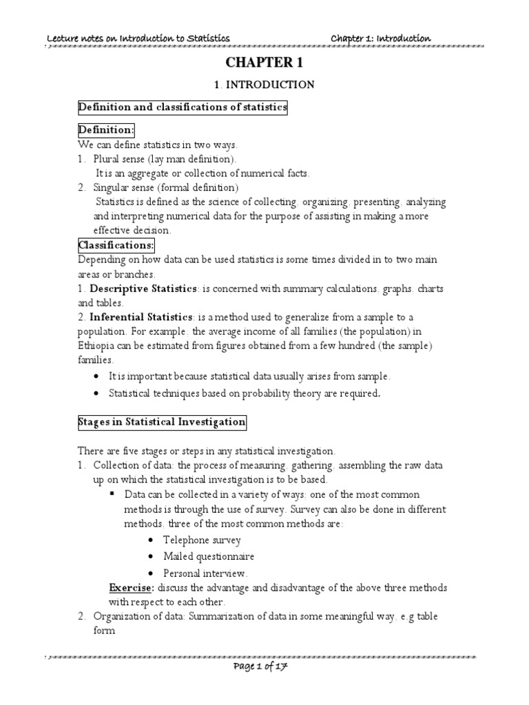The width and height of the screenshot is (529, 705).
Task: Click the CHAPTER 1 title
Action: (264, 63)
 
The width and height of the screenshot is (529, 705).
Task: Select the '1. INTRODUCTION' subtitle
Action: (264, 85)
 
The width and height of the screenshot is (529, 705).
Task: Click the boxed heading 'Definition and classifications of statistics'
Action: (183, 107)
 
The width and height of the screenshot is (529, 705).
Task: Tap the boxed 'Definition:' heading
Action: (106, 130)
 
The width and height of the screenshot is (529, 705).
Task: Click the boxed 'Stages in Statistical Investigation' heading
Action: (161, 421)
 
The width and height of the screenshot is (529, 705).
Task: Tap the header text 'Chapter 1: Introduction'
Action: (381, 38)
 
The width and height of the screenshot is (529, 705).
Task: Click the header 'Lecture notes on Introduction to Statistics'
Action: (138, 38)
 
